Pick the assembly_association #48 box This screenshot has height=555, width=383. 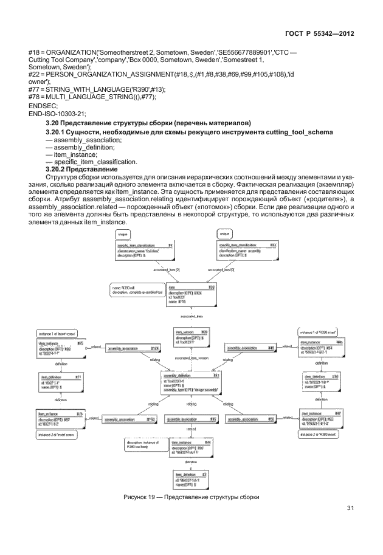250,348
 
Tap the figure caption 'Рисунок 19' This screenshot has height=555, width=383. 191,498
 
